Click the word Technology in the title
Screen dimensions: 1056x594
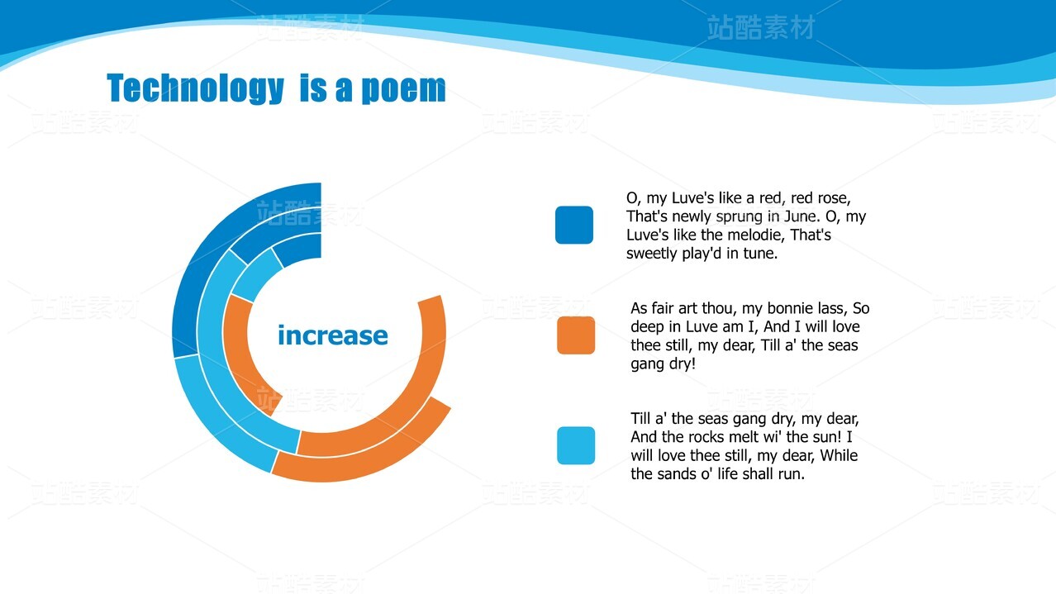point(195,88)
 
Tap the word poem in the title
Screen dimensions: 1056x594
point(403,89)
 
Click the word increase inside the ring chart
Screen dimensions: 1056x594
point(333,335)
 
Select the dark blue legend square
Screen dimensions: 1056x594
point(574,225)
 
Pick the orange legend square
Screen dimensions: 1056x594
point(576,335)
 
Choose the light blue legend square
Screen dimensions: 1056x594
point(576,445)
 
